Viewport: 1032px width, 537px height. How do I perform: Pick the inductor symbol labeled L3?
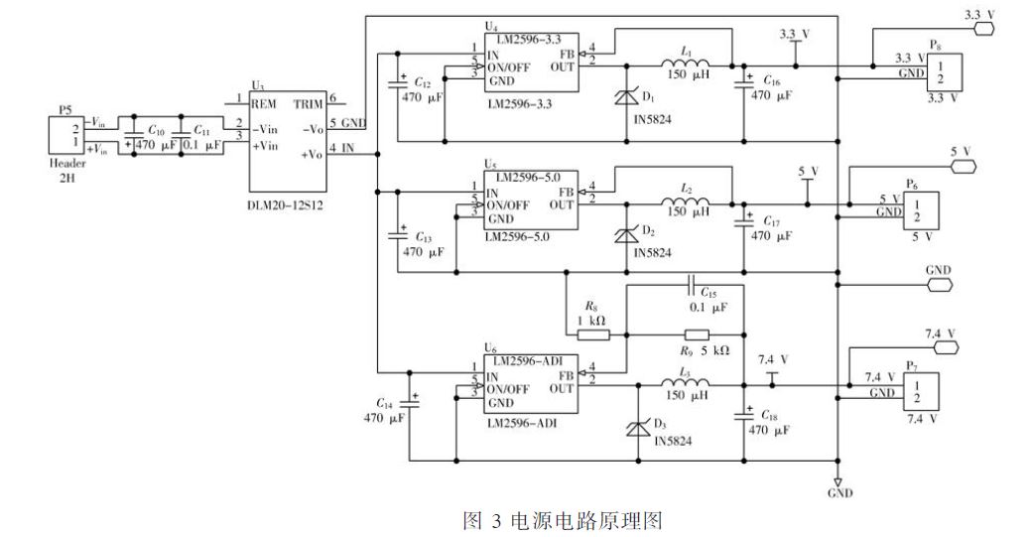click(686, 384)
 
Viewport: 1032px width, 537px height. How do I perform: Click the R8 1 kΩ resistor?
click(593, 335)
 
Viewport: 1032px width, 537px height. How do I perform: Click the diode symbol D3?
click(632, 428)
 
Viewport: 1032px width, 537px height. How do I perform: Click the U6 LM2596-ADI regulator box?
click(529, 384)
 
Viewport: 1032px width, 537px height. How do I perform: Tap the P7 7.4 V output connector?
click(917, 391)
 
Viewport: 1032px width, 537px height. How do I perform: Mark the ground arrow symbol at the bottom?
click(838, 480)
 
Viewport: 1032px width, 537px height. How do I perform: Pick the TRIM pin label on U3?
click(308, 102)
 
